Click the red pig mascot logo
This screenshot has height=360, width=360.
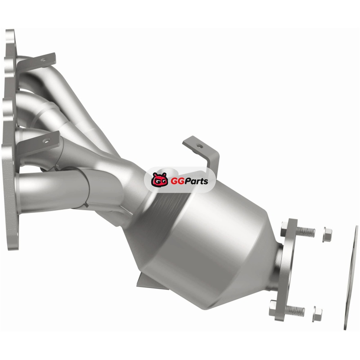159,180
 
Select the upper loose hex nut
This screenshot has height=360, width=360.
327,234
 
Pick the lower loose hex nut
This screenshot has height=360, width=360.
317,314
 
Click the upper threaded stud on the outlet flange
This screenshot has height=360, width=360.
305,232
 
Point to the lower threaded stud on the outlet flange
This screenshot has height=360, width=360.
295,310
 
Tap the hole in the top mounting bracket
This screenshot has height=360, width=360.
43,60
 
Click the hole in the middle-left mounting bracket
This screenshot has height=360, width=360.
47,141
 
